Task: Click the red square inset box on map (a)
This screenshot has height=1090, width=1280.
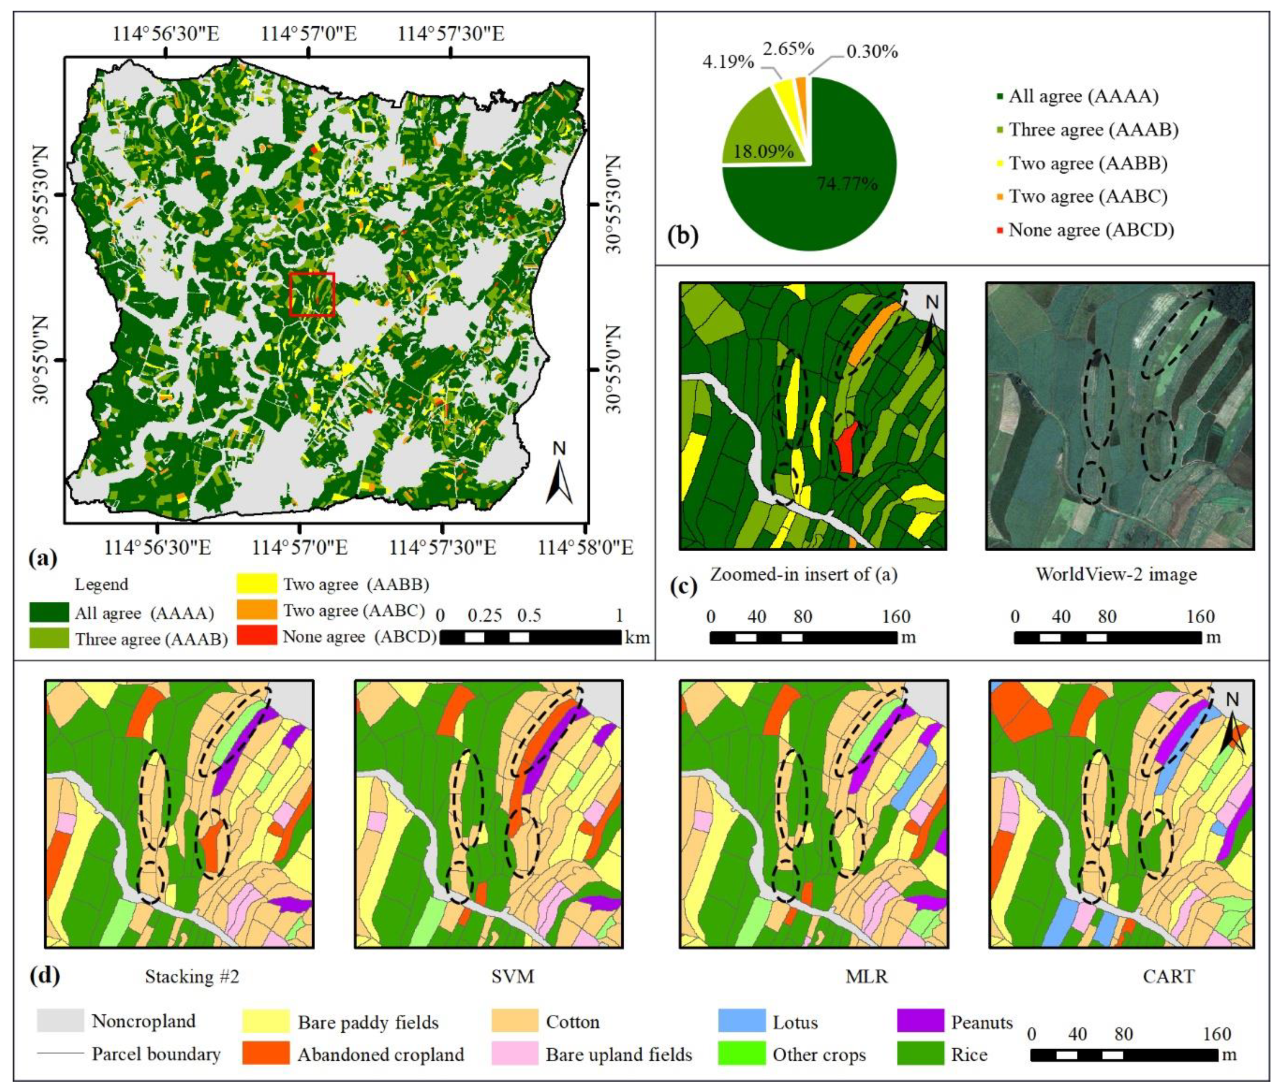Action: coord(312,294)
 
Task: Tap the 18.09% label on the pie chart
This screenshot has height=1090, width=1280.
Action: coord(763,151)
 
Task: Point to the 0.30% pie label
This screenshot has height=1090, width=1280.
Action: coord(872,52)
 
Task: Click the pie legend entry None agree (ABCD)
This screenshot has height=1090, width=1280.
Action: coord(1091,230)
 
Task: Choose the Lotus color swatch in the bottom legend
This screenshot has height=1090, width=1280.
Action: coord(741,1021)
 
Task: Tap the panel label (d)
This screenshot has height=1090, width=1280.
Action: coord(45,976)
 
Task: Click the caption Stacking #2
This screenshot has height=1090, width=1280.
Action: coord(191,977)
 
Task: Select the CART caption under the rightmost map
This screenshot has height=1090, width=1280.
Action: coord(1168,977)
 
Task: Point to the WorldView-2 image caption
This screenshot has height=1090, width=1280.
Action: coord(1116,575)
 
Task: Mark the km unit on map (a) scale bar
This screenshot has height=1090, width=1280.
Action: coord(637,637)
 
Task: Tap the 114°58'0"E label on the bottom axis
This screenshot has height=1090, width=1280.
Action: coord(586,547)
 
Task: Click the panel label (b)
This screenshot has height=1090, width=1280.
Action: coord(682,236)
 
